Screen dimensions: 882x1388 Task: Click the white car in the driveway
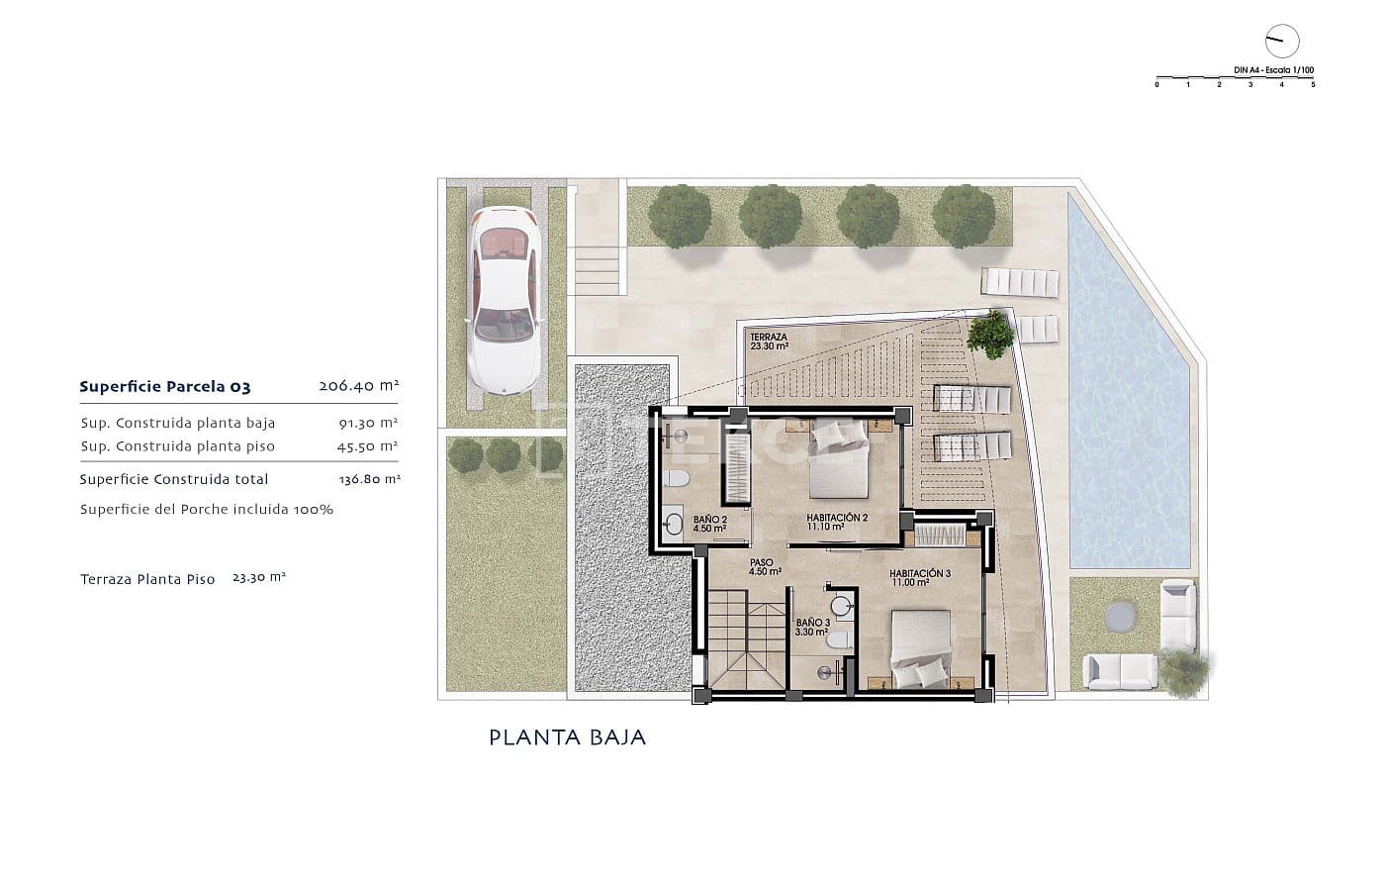(506, 297)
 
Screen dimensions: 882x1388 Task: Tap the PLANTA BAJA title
(567, 737)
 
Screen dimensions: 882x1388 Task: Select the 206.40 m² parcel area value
(358, 387)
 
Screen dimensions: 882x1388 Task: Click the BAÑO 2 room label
(709, 524)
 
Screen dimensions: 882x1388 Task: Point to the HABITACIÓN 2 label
(836, 522)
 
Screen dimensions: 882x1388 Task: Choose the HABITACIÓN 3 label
(919, 578)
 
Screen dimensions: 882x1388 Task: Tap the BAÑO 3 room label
(812, 627)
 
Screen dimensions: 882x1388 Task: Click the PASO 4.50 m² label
(765, 566)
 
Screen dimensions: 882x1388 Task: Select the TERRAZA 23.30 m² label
(769, 342)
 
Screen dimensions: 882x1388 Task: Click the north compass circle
(1281, 41)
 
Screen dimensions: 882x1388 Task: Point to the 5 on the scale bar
(1313, 85)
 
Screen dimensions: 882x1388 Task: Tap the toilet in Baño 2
(678, 480)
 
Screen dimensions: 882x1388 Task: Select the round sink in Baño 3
(842, 606)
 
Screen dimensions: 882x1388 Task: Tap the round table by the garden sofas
(1121, 615)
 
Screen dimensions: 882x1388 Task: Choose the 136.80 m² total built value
(369, 479)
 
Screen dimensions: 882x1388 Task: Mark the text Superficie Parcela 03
(165, 387)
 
